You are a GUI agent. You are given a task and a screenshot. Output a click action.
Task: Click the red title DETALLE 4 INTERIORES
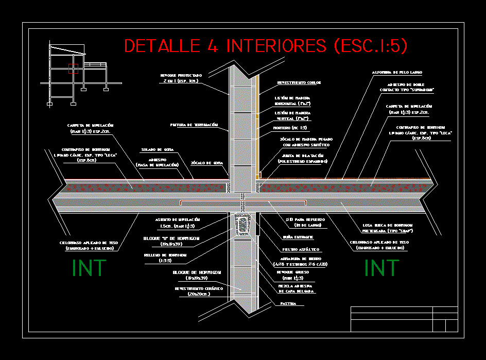(266, 46)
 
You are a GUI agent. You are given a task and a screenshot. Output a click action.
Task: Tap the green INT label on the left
(89, 268)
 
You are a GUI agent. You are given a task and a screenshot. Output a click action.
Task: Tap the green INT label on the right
(381, 268)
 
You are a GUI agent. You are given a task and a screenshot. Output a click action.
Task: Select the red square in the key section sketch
(73, 68)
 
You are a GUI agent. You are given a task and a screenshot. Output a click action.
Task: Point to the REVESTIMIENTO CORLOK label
(299, 82)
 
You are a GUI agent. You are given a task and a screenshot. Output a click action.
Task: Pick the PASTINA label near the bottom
(288, 304)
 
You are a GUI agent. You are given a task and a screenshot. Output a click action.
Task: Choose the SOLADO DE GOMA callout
(157, 150)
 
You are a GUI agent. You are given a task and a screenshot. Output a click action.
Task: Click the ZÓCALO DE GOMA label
(207, 163)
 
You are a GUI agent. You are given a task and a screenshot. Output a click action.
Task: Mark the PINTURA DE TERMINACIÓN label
(194, 125)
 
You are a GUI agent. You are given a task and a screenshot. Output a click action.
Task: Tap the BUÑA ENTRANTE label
(294, 237)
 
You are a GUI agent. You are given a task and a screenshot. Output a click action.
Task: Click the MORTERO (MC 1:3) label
(290, 128)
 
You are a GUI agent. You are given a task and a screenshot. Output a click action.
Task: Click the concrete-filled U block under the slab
(242, 225)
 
